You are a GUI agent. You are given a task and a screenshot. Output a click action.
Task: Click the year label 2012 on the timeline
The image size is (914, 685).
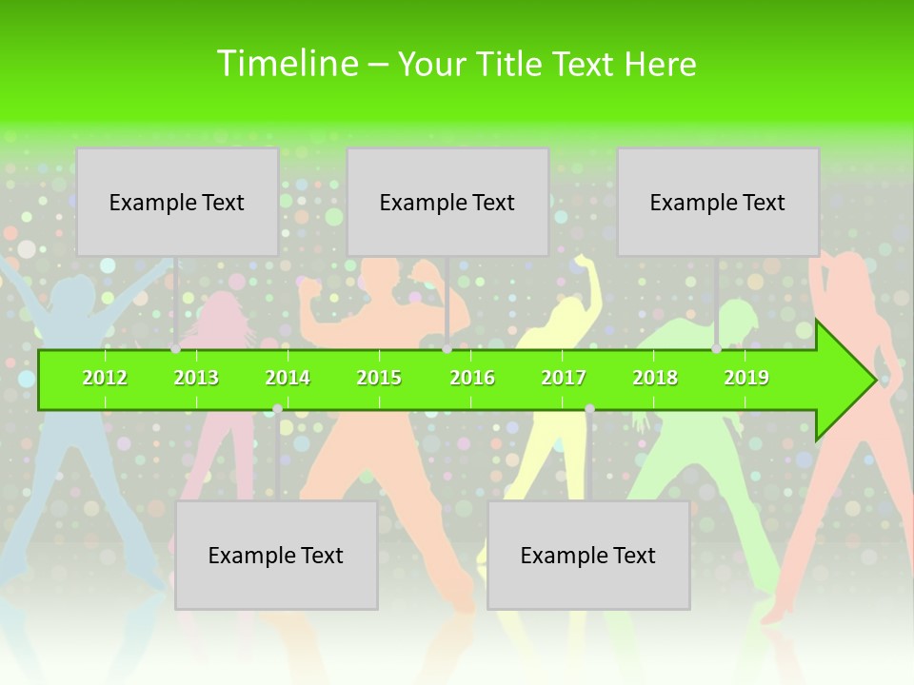coord(105,378)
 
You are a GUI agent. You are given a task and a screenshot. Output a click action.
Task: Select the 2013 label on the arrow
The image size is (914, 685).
coord(196,378)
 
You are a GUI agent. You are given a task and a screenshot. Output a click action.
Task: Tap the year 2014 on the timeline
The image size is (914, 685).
coord(288,378)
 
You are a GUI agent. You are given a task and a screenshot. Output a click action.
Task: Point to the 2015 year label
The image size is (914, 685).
coord(379,378)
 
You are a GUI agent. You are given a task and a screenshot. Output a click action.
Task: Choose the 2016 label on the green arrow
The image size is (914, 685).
coord(472,378)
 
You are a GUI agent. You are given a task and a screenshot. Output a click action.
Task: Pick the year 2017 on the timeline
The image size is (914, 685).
coord(564,378)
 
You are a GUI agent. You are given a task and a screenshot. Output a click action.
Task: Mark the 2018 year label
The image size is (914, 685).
coord(655,378)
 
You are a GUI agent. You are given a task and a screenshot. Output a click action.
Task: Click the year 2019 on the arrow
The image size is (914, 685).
coord(746,378)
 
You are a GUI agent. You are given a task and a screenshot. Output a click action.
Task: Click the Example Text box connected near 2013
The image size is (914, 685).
coord(177,202)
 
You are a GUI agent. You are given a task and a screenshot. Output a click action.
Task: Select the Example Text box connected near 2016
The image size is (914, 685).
coord(447,202)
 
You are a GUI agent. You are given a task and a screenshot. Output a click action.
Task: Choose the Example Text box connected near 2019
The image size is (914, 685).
coord(718,202)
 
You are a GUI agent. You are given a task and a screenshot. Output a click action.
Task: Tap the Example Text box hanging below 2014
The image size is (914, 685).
coord(276,555)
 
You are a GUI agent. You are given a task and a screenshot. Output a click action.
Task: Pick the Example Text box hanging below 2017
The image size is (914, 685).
coord(588,555)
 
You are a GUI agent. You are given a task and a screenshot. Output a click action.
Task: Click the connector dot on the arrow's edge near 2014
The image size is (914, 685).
coord(277,409)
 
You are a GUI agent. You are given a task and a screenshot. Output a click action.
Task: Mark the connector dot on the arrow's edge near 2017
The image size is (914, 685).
coord(589,409)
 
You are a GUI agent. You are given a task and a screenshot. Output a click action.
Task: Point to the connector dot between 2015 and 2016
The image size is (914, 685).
coord(447,349)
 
